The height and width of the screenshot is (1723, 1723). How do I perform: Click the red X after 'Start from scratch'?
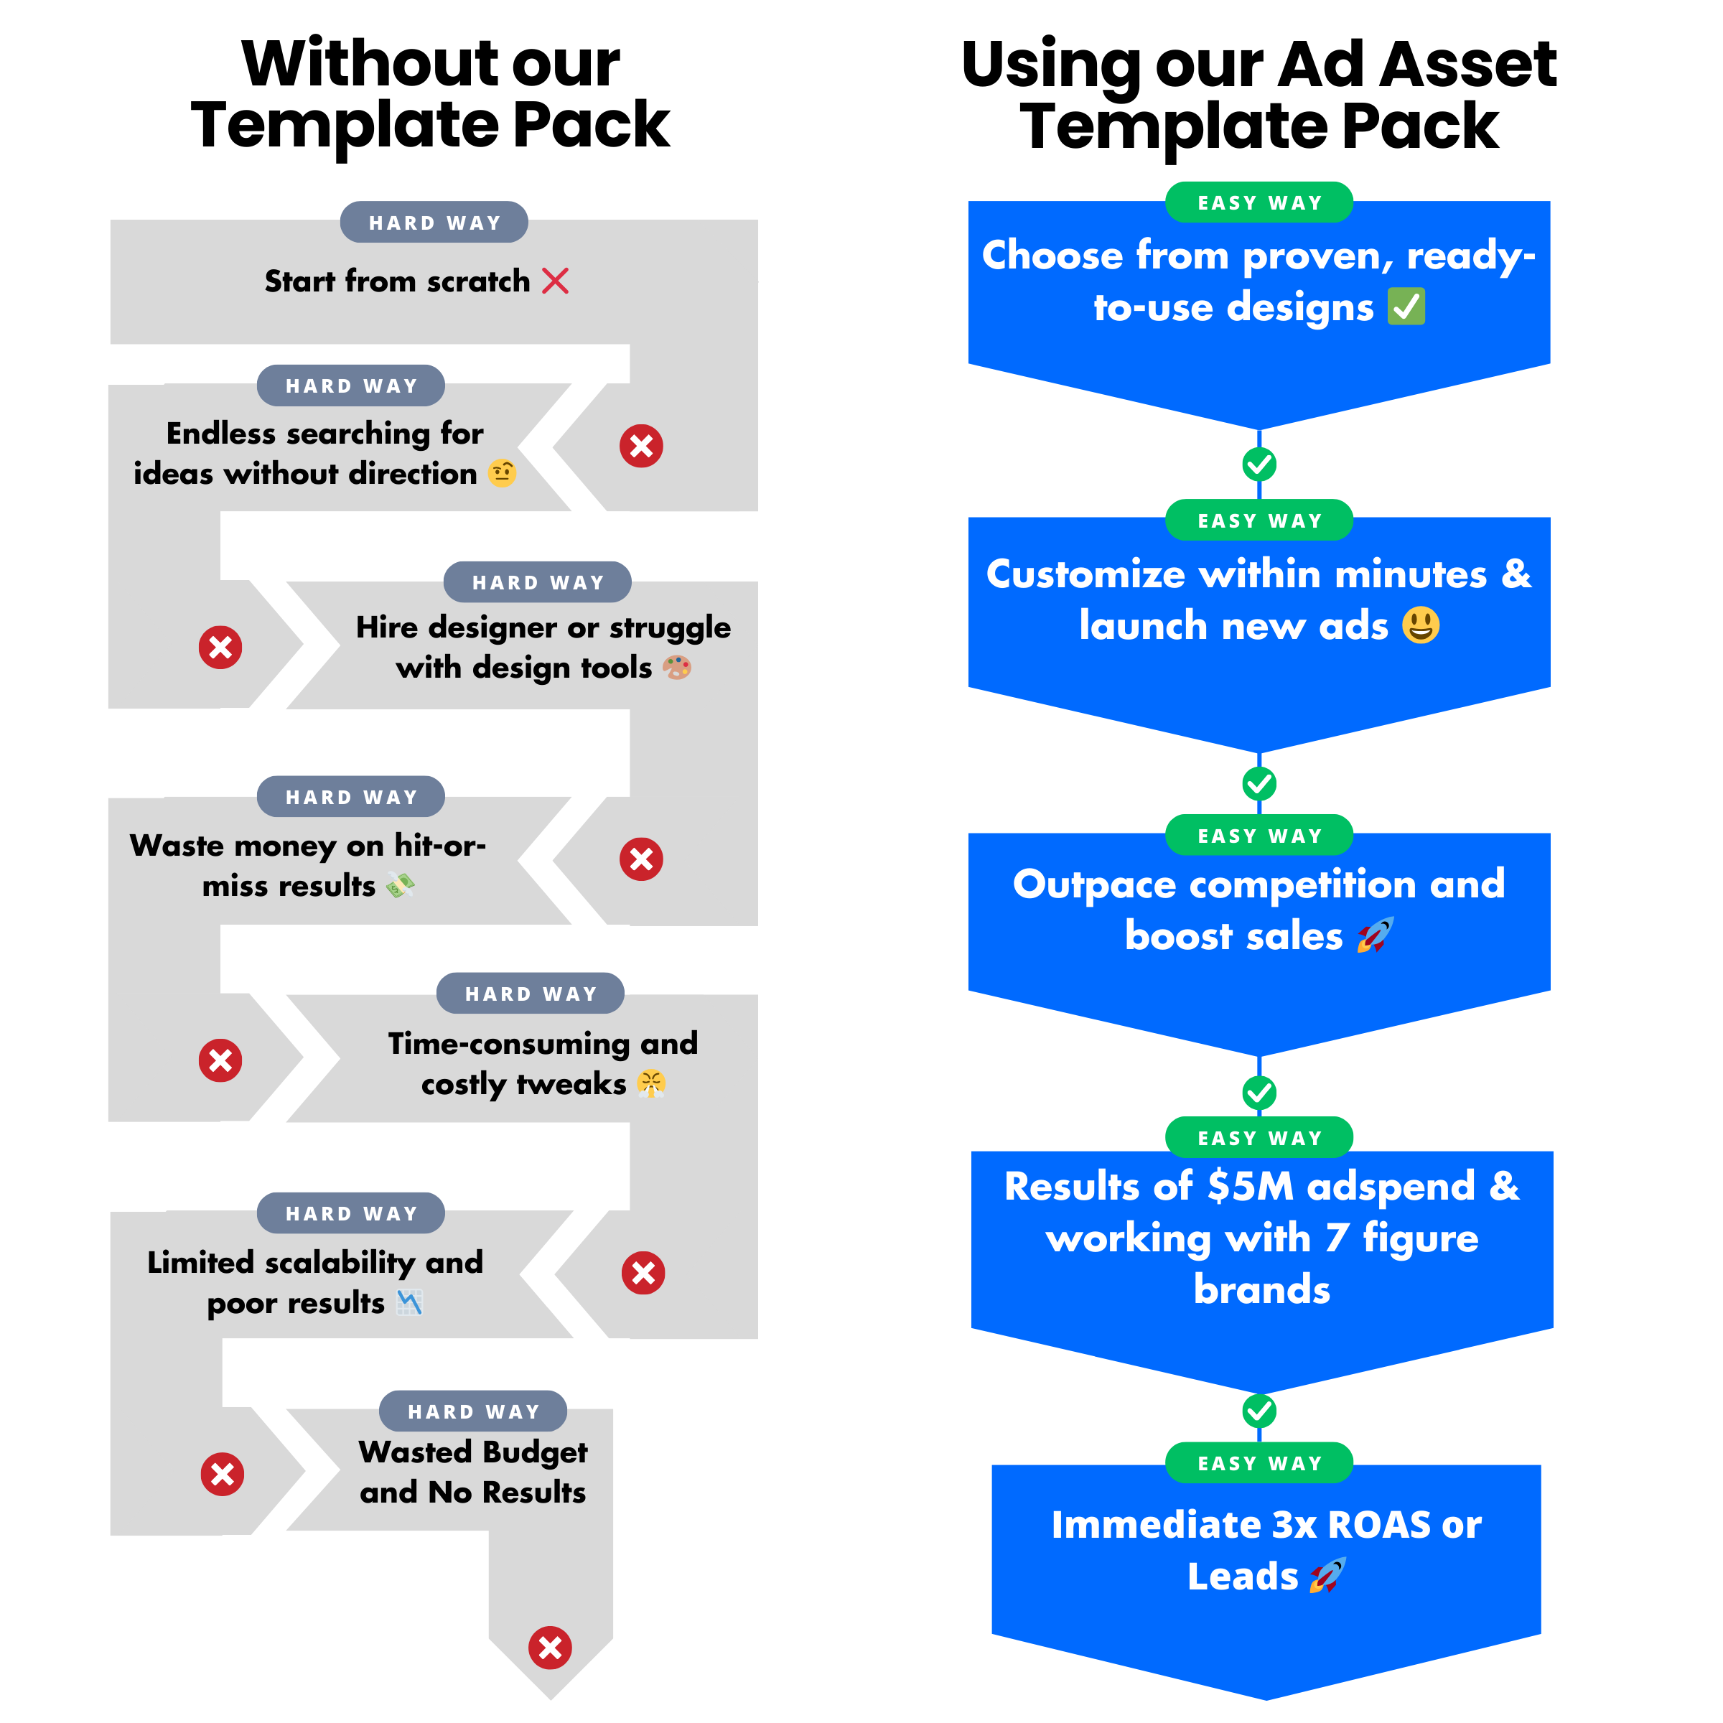tap(555, 281)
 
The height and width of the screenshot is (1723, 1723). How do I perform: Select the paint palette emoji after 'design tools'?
tap(677, 667)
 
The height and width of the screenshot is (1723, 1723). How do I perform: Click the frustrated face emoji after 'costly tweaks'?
tap(651, 1083)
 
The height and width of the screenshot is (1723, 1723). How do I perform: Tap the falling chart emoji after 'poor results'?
tap(409, 1303)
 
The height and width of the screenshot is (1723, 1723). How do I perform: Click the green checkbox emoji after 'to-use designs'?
tap(1406, 307)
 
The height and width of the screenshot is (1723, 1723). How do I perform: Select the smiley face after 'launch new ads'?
tap(1421, 625)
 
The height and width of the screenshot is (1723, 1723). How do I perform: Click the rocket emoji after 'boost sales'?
tap(1374, 935)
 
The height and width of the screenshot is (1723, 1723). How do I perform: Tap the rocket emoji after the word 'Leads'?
tap(1327, 1576)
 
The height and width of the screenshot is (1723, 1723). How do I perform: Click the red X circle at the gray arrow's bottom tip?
tap(550, 1648)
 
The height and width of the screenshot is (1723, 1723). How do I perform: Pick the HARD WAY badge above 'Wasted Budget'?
tap(472, 1411)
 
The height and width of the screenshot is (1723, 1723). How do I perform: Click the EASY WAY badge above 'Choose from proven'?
tap(1259, 202)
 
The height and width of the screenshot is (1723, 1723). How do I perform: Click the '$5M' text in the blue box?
tap(1251, 1186)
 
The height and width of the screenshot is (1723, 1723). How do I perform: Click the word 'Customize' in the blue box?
tap(1085, 574)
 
